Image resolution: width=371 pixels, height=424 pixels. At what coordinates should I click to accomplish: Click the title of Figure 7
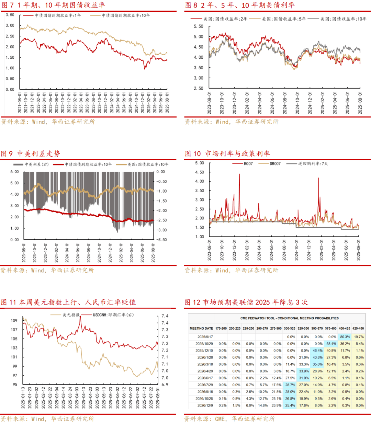tap(53, 5)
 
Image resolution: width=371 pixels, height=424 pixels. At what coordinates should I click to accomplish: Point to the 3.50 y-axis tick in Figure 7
tap(10, 15)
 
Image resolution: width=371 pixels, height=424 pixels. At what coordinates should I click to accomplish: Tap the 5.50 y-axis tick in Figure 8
tap(198, 26)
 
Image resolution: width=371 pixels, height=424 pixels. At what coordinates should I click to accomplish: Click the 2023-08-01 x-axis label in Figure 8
tap(209, 103)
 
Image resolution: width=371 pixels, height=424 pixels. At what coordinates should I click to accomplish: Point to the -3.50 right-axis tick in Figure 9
tap(161, 240)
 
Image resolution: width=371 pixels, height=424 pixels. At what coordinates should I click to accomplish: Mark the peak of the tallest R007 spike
tap(239, 174)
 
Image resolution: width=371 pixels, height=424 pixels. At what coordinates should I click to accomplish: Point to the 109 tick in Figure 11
tap(14, 320)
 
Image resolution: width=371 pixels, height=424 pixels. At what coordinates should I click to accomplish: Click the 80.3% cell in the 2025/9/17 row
tap(345, 337)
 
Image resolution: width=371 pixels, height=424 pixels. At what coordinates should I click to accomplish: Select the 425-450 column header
tap(358, 328)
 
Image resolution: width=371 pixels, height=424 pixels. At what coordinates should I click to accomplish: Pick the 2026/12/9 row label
tap(205, 405)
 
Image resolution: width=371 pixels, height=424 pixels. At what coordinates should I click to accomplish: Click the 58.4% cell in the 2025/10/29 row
tap(331, 344)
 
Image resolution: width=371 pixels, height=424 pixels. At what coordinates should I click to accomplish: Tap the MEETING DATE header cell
tap(201, 328)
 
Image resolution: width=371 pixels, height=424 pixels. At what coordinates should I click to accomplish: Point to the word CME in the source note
tap(220, 419)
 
